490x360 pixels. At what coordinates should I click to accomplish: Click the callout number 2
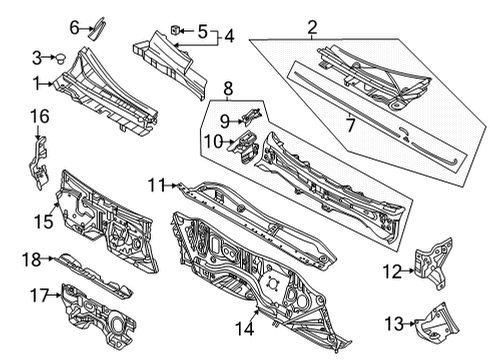pos(312,28)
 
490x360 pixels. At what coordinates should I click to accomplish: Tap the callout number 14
pos(245,328)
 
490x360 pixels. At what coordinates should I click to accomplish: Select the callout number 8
pos(228,89)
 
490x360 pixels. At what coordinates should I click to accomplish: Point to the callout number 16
pos(40,116)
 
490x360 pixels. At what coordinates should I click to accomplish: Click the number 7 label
pos(350,125)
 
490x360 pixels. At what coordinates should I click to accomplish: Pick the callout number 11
pos(157,185)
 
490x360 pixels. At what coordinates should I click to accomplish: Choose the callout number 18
pos(31,260)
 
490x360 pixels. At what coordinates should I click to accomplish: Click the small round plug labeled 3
pos(60,58)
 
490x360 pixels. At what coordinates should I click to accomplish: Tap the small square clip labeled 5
pos(175,30)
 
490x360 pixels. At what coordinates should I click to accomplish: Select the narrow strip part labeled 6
pos(97,28)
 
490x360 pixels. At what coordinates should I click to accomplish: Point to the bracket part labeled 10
pos(245,148)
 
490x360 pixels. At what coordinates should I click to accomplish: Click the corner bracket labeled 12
pos(433,262)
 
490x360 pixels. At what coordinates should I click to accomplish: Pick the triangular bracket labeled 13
pos(437,323)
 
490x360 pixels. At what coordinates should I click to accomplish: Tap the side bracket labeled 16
pos(39,164)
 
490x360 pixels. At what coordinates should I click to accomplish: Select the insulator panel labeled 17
pos(99,316)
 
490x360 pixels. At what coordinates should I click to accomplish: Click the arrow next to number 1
pos(47,84)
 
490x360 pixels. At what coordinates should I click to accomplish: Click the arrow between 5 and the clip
pos(187,31)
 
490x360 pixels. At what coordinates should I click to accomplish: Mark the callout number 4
pos(229,36)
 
